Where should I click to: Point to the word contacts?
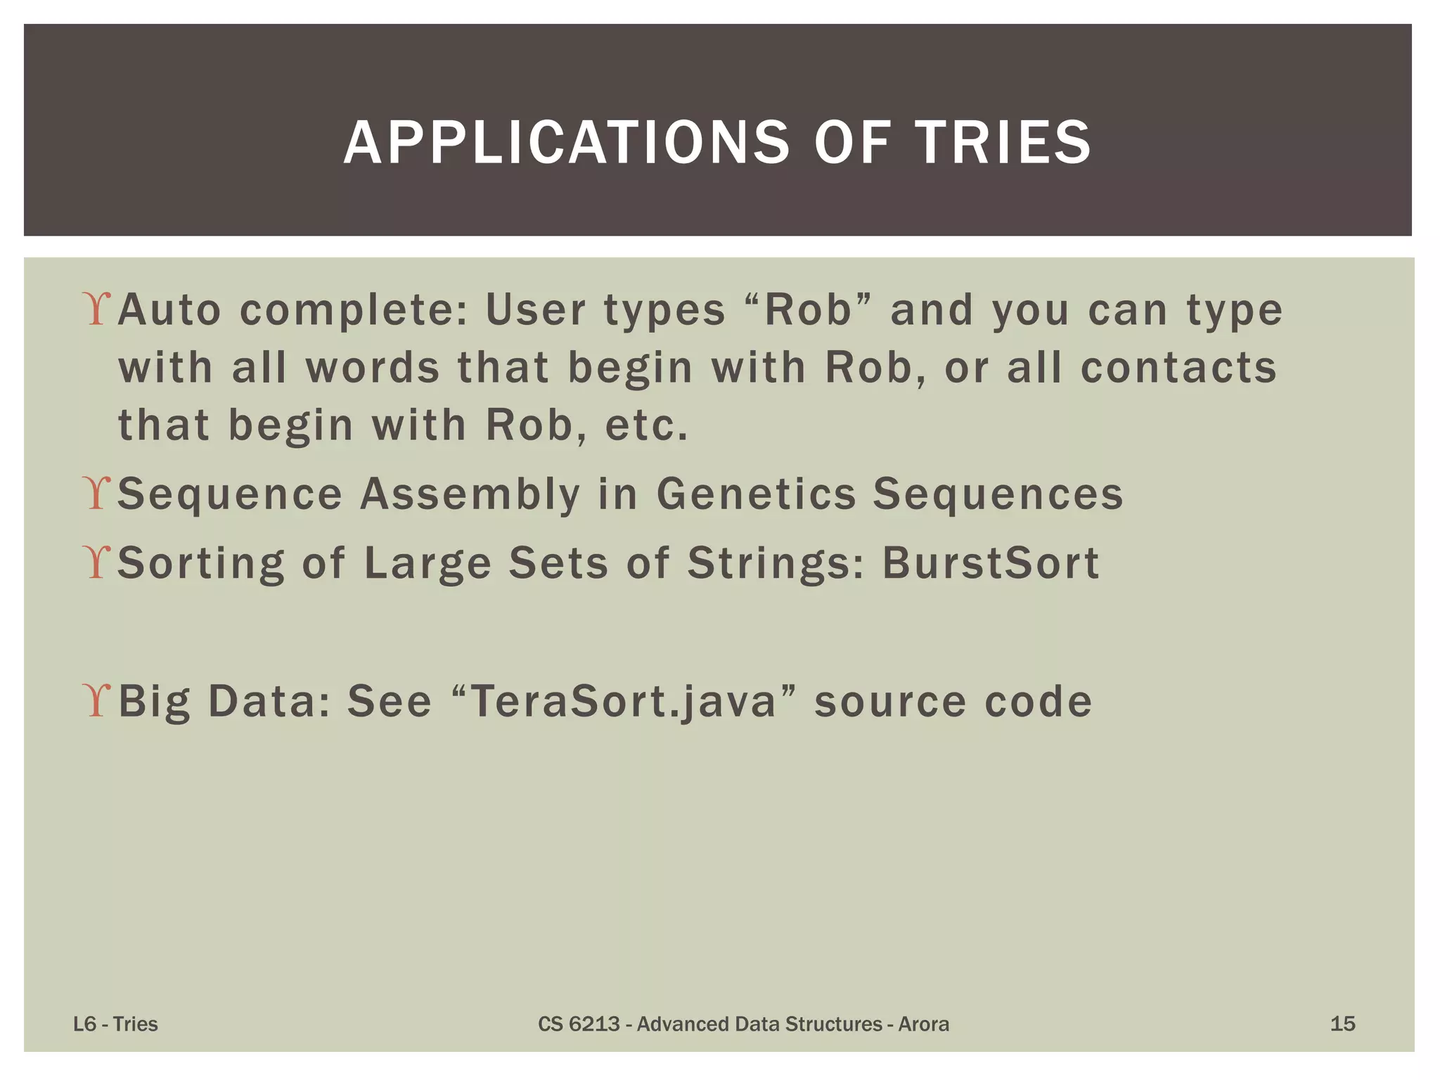click(1178, 368)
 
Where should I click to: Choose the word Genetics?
click(756, 494)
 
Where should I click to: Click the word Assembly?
click(470, 494)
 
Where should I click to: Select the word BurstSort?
click(991, 562)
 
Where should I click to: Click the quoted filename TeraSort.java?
click(623, 702)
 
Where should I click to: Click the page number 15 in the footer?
click(1342, 1024)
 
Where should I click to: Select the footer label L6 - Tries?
click(115, 1024)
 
